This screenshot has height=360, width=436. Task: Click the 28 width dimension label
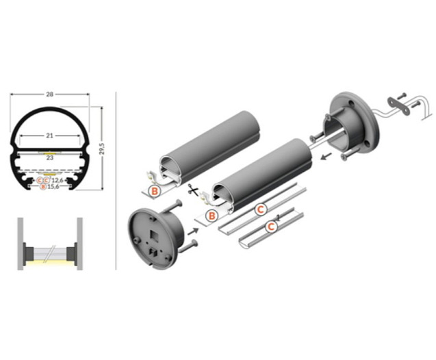pyautogui.click(x=50, y=94)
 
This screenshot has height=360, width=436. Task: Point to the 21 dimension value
pyautogui.click(x=49, y=136)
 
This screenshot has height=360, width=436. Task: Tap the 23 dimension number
pyautogui.click(x=49, y=157)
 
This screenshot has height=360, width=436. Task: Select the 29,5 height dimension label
pyautogui.click(x=101, y=149)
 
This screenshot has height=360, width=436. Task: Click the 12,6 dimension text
pyautogui.click(x=57, y=181)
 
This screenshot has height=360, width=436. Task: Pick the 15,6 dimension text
pyautogui.click(x=53, y=187)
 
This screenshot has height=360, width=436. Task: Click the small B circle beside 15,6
pyautogui.click(x=43, y=187)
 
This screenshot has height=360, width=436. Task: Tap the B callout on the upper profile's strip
pyautogui.click(x=155, y=191)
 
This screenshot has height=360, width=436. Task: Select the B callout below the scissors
pyautogui.click(x=212, y=216)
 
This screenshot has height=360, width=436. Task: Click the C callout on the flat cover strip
pyautogui.click(x=261, y=209)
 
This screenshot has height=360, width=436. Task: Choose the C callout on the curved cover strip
pyautogui.click(x=271, y=227)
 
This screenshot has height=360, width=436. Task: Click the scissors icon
pyautogui.click(x=193, y=190)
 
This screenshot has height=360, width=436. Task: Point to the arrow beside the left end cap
pyautogui.click(x=193, y=231)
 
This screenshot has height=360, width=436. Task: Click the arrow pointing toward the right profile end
pyautogui.click(x=326, y=156)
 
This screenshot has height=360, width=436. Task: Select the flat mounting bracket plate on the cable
pyautogui.click(x=399, y=105)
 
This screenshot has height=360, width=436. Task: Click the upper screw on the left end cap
pyautogui.click(x=172, y=206)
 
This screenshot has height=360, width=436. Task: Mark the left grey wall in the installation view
pyautogui.click(x=21, y=244)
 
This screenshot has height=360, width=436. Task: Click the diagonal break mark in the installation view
pyautogui.click(x=49, y=253)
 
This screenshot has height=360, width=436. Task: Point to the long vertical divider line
pyautogui.click(x=116, y=181)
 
